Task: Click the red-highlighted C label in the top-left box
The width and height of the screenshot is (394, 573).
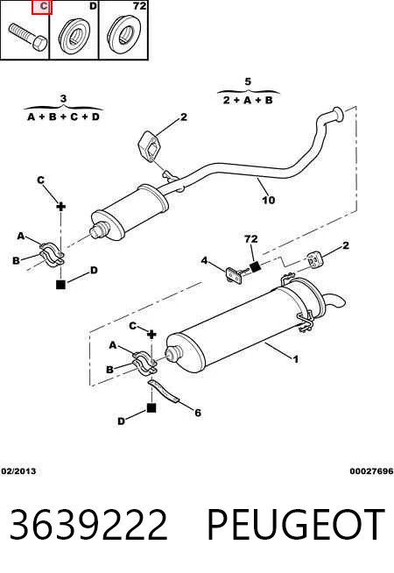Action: pos(42,7)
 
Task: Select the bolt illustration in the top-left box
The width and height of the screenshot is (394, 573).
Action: pos(27,37)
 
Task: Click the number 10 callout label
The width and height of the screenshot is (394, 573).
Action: pos(268,200)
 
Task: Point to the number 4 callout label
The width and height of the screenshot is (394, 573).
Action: pos(205,260)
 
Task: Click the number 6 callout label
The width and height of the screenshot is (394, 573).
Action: pos(198,413)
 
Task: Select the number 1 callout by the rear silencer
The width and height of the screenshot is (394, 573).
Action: pos(295,359)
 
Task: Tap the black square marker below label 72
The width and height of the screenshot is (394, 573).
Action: pos(256,266)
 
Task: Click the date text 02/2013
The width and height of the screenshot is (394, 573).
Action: pos(18,471)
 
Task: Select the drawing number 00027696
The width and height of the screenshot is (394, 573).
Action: pos(371,471)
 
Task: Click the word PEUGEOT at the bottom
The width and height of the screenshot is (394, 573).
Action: pos(296,525)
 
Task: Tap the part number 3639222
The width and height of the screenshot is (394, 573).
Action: pos(88,525)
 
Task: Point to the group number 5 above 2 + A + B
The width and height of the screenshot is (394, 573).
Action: pos(248,81)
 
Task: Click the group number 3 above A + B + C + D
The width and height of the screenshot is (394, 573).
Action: pos(63,99)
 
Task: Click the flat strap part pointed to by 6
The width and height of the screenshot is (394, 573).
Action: pos(164,391)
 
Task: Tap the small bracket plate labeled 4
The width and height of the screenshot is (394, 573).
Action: pos(235,275)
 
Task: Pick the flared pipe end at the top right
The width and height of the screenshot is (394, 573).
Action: pos(338,114)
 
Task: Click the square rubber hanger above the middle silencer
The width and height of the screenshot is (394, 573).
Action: pos(151,145)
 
